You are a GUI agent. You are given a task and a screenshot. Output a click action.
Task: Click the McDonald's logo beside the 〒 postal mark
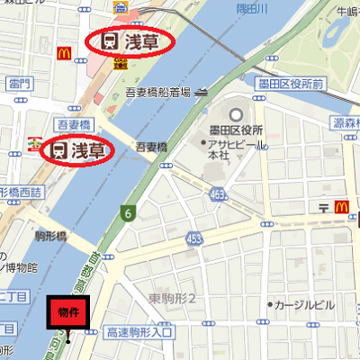point(342,207)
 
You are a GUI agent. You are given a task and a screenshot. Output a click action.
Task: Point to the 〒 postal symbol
point(324,207)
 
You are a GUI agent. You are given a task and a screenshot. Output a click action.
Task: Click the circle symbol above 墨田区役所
point(237,115)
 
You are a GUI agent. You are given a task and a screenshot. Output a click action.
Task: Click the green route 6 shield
point(129,213)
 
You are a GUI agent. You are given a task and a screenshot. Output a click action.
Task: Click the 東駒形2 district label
point(178,298)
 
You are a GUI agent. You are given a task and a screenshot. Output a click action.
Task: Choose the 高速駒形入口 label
point(138,333)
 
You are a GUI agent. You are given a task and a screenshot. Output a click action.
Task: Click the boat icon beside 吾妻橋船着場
point(201,90)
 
